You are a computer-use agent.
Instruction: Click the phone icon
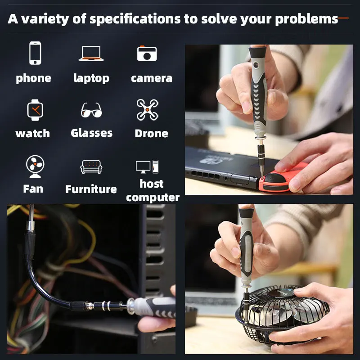[35, 53]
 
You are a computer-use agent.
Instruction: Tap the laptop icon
[91, 54]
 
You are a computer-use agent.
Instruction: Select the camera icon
[147, 53]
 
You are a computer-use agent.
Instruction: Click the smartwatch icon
[35, 110]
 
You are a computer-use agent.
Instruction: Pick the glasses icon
[91, 110]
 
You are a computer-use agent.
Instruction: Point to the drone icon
[148, 110]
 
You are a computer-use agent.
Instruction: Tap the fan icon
[35, 166]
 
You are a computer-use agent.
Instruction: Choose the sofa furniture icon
[91, 166]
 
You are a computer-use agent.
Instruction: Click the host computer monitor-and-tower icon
[147, 166]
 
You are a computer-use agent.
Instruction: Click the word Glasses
[92, 133]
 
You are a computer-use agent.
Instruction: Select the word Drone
[151, 133]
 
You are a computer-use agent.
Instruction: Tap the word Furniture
[91, 189]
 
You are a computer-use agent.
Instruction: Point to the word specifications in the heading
[135, 19]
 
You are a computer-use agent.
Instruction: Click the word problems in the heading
[306, 19]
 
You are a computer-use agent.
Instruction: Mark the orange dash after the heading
[343, 18]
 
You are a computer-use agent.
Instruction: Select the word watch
[32, 133]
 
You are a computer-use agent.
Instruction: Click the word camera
[152, 78]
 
